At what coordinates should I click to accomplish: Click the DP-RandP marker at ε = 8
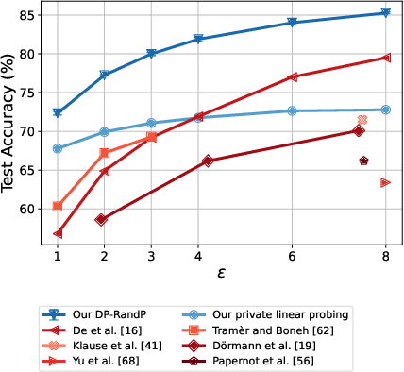tap(385, 13)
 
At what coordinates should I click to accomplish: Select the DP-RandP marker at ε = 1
tap(58, 113)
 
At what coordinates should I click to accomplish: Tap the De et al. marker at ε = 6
tap(292, 77)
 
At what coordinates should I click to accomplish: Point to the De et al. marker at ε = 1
tap(58, 233)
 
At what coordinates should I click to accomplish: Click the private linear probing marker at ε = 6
tap(292, 111)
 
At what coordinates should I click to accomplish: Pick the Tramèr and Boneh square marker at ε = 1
tap(58, 206)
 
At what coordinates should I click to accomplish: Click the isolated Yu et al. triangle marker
tap(385, 182)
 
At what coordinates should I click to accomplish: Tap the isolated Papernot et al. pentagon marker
tap(363, 161)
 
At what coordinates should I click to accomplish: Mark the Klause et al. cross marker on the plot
tap(362, 120)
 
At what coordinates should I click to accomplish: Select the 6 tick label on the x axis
tap(292, 255)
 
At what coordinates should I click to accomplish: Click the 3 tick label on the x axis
tap(151, 255)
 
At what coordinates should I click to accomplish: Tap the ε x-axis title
tap(221, 273)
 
